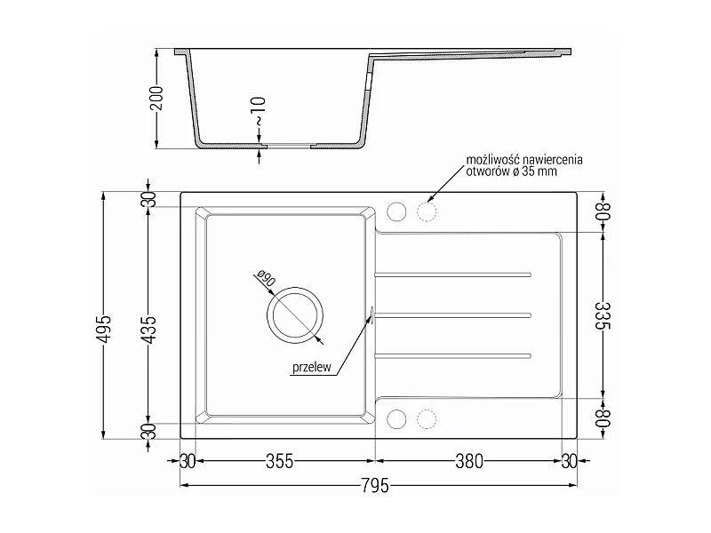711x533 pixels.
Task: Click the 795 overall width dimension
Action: pos(375,486)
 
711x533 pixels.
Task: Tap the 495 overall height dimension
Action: pos(105,330)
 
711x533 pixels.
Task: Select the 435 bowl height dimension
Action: pos(149,330)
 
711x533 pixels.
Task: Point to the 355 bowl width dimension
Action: pos(279,462)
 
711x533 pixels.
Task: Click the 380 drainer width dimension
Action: pos(469,462)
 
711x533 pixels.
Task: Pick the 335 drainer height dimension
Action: pos(603,316)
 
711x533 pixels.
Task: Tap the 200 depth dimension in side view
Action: pos(156,99)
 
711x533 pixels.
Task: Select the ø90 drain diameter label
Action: pos(266,278)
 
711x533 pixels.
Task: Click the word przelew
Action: pos(312,367)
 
